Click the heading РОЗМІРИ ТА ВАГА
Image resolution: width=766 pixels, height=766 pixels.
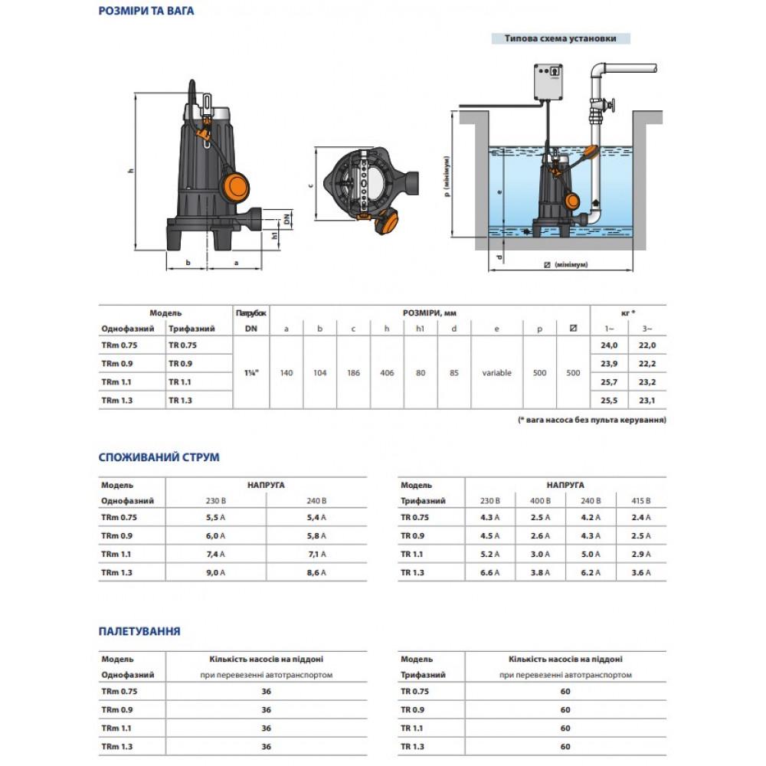[146, 11]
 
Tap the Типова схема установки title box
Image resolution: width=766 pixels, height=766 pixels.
[561, 38]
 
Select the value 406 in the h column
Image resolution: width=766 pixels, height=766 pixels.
[386, 372]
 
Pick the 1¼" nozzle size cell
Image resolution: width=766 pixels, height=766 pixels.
[250, 372]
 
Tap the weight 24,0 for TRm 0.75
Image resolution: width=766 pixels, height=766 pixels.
[609, 345]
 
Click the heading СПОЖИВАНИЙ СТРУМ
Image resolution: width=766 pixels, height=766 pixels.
[159, 457]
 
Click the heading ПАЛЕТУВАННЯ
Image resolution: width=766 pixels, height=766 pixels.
[139, 632]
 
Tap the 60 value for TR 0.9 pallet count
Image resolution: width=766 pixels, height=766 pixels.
[565, 709]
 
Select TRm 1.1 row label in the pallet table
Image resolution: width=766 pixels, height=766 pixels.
[119, 728]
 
